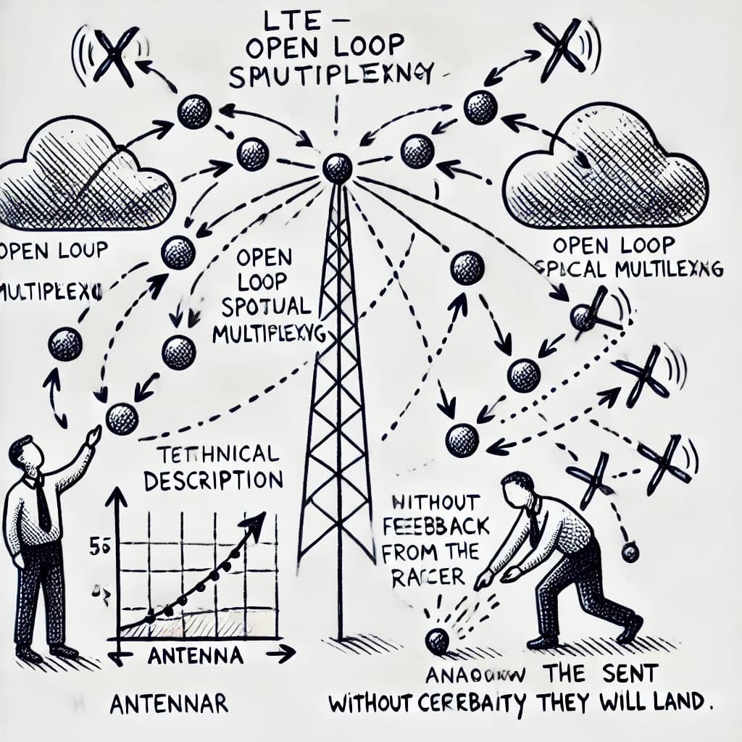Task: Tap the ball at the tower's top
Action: pyautogui.click(x=337, y=168)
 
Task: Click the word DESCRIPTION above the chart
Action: pyautogui.click(x=218, y=480)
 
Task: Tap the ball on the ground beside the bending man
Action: pyautogui.click(x=436, y=641)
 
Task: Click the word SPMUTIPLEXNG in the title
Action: pyautogui.click(x=330, y=76)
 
